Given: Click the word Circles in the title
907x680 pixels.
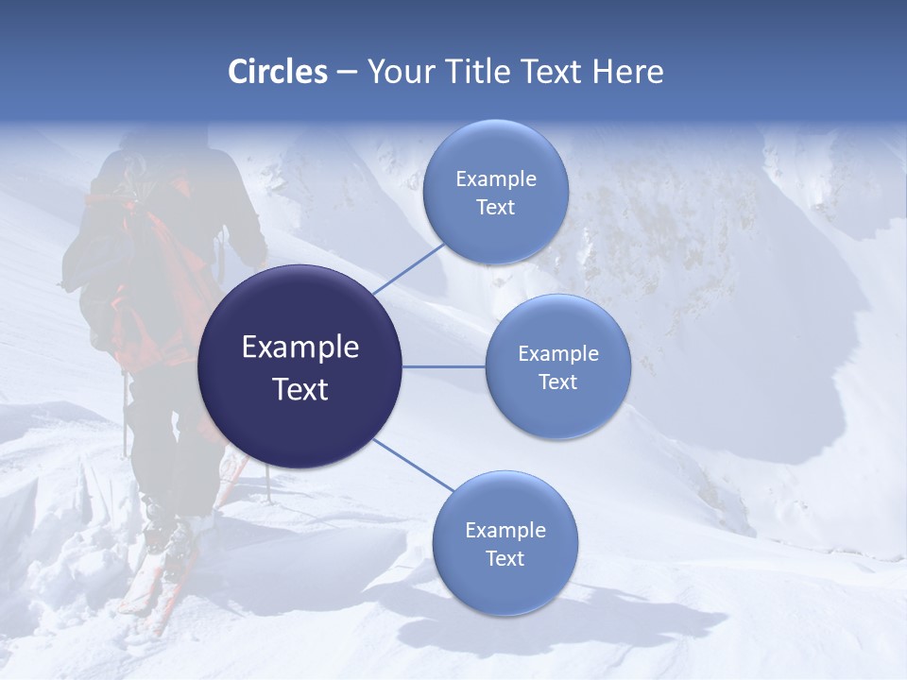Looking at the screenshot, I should (277, 72).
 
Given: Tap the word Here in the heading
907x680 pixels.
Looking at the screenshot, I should (627, 72).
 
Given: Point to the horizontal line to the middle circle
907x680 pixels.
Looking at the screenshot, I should (444, 366).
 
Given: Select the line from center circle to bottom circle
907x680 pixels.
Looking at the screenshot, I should (414, 465).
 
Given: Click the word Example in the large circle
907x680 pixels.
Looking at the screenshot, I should (300, 348).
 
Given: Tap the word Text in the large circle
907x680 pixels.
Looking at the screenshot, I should (300, 389).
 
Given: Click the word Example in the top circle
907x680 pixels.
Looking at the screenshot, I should (496, 179).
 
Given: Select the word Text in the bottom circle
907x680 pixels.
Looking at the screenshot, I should (505, 558).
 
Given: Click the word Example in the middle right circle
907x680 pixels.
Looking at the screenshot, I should (558, 354).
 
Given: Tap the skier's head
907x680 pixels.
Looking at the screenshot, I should (151, 151).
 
